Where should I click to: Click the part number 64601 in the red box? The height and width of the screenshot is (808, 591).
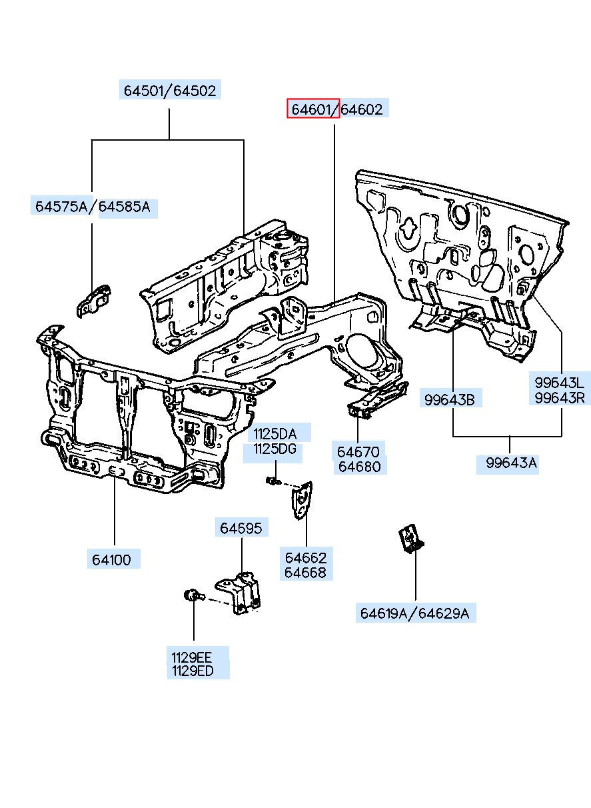tap(310, 109)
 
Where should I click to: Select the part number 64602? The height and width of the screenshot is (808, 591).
tap(362, 109)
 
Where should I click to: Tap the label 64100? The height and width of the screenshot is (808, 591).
tap(111, 559)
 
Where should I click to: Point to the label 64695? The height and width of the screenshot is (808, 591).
tap(241, 528)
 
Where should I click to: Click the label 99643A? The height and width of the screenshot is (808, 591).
tap(511, 462)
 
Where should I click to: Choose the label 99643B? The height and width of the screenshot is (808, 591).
tap(449, 400)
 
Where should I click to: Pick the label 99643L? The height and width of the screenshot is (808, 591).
tap(559, 382)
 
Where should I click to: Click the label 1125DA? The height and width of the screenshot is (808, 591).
tap(275, 433)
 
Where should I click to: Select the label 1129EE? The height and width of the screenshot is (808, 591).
tap(192, 657)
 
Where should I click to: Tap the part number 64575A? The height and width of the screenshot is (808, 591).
tap(62, 206)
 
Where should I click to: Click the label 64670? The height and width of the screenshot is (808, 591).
tap(358, 452)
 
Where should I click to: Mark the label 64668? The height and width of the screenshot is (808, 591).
tap(305, 573)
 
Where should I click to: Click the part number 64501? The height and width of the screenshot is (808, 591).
tap(144, 90)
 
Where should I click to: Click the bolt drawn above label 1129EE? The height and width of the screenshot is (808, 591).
tap(193, 595)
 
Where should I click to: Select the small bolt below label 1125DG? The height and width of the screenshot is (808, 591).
tap(273, 481)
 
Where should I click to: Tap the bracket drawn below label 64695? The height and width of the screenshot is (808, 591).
tap(239, 593)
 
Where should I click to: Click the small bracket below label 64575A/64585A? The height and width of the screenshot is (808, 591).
tap(93, 301)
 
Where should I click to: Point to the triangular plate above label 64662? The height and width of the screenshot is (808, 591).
tap(302, 500)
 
